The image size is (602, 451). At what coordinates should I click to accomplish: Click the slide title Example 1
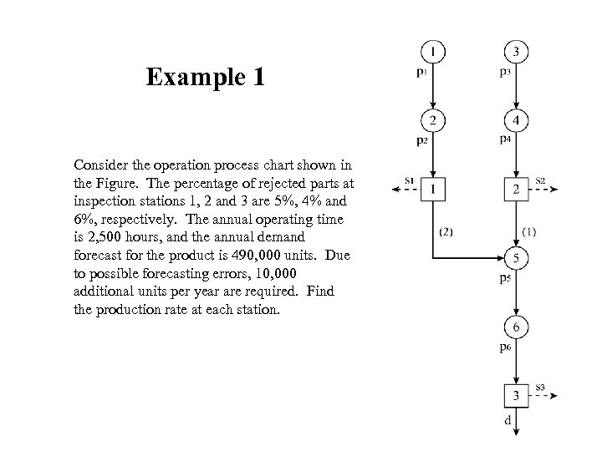tap(206, 78)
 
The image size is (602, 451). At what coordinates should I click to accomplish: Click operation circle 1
tap(431, 53)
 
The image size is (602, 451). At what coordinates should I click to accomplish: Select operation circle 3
tap(516, 53)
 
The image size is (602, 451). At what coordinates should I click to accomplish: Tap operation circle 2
tap(431, 121)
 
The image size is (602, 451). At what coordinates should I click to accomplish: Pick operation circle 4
tap(516, 121)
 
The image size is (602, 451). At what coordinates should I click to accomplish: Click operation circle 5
tap(516, 257)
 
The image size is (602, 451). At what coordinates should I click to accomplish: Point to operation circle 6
tap(516, 327)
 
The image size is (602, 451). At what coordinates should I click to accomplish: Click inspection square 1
tap(431, 190)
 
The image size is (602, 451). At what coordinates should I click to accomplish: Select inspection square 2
tap(516, 190)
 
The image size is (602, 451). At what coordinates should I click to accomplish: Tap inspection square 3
tap(516, 395)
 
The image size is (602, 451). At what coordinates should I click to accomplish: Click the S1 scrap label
tap(409, 180)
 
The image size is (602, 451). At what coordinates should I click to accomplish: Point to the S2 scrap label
tap(540, 180)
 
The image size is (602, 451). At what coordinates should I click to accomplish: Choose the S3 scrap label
tap(540, 387)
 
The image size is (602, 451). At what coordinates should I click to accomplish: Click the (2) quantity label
tap(446, 232)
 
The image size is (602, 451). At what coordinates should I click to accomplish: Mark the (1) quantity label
tap(529, 231)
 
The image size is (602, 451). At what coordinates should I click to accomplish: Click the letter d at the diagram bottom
tap(508, 421)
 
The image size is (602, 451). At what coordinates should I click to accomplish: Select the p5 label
tap(505, 277)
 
